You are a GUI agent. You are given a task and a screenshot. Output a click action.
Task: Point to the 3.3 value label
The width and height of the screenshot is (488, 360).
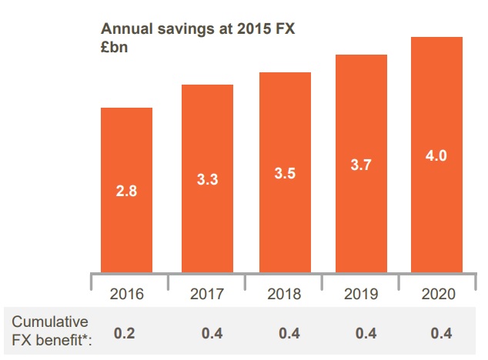pos(207,181)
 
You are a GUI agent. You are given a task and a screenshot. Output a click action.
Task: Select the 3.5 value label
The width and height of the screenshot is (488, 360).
pos(285,174)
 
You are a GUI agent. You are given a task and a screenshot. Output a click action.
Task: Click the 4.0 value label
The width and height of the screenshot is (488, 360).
pos(436,156)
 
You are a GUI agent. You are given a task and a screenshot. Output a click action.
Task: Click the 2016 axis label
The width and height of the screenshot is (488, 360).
pos(127,295)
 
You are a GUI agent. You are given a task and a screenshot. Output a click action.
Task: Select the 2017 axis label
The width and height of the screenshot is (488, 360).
pos(207,295)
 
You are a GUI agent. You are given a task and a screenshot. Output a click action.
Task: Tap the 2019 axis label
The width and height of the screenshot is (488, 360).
pos(360,295)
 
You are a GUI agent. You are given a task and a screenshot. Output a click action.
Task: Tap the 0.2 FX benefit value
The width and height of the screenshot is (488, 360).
pos(125,334)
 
